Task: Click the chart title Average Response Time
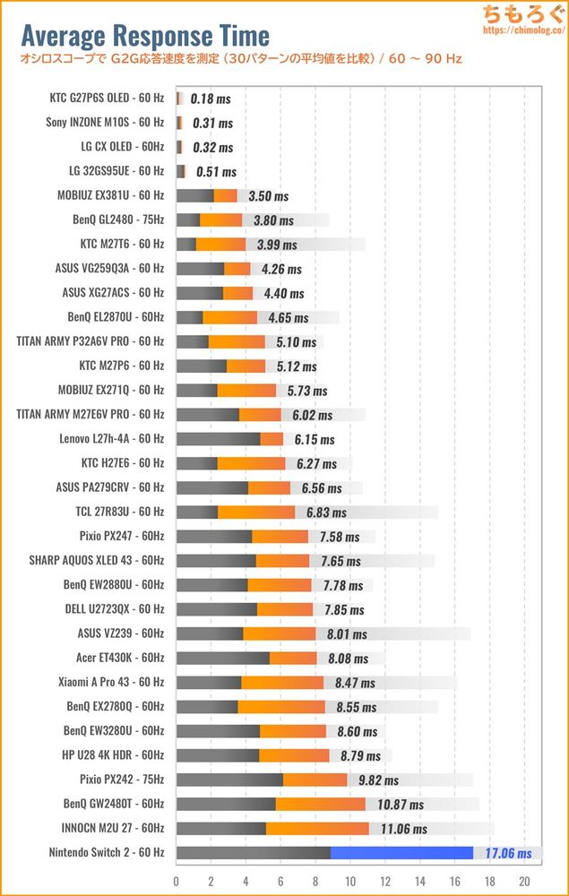coord(144,36)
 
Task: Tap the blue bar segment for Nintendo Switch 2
coord(401,853)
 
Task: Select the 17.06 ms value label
coord(508,854)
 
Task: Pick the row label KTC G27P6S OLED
coord(108,98)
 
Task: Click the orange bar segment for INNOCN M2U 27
coord(317,829)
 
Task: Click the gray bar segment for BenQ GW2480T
coord(226,804)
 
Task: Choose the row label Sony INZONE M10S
coord(105,122)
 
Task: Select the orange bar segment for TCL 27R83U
coord(256,512)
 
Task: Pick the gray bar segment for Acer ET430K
coord(223,658)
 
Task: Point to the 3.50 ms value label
coord(268,195)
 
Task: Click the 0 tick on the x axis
coord(177,880)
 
